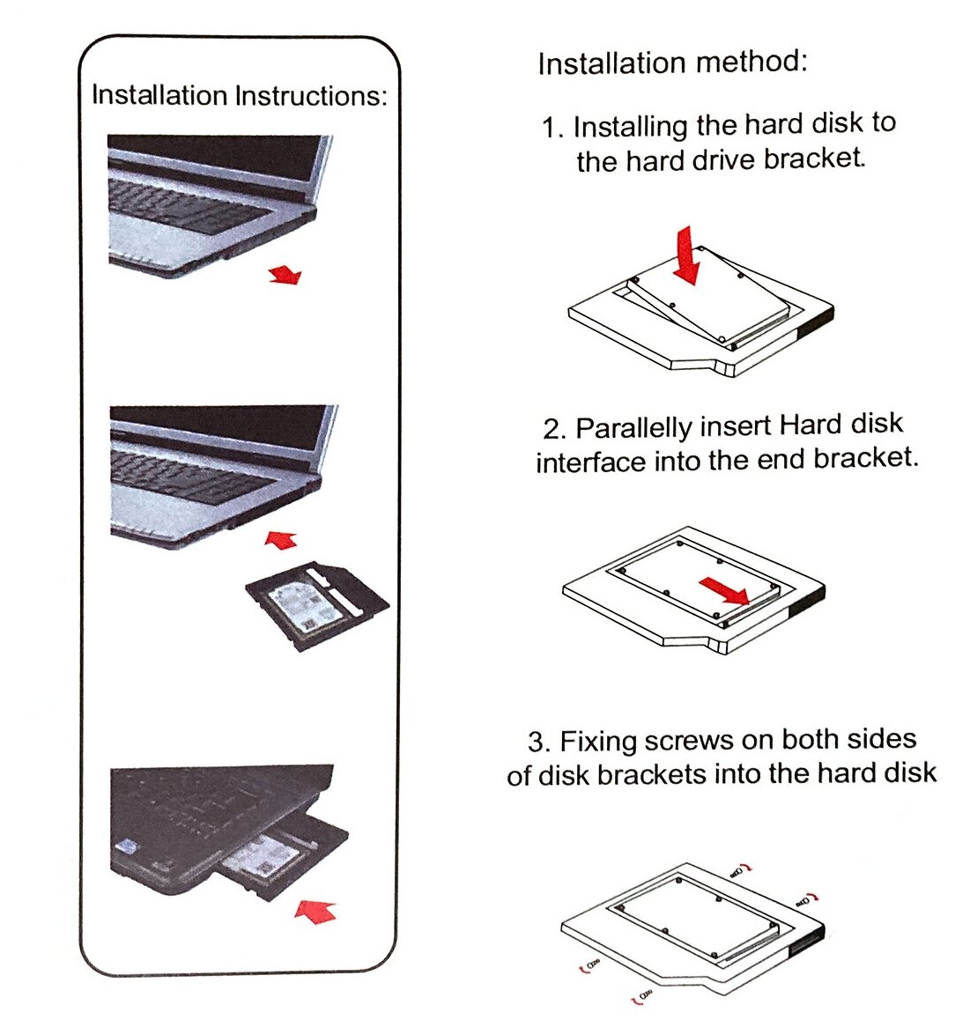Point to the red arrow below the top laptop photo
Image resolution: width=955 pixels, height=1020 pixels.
click(285, 276)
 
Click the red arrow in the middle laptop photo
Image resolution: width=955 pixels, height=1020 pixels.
click(282, 539)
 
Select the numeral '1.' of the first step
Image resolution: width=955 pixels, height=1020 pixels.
click(552, 129)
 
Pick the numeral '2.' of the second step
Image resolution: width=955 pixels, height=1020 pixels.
click(554, 430)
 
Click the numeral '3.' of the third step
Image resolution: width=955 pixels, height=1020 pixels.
click(539, 742)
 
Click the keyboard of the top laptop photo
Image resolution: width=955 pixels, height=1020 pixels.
click(189, 207)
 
